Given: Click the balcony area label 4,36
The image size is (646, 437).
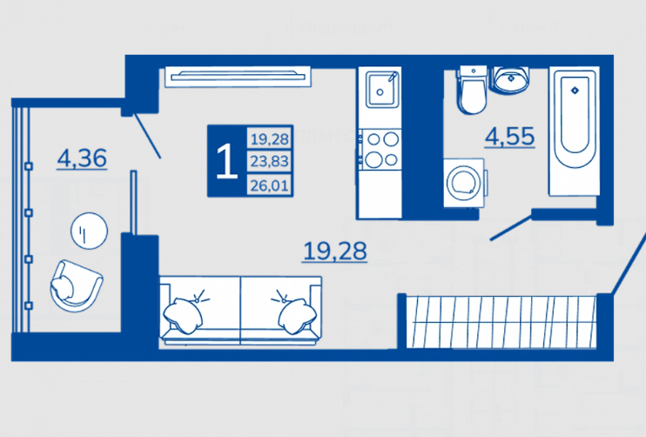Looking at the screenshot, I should pos(82,158).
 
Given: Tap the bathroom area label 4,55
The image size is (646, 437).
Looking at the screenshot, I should pos(509,137).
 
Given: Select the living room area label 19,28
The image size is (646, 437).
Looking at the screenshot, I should pos(335,251).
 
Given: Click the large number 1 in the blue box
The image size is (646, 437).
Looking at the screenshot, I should pos(226,161).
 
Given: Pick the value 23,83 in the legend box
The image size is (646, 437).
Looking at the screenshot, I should pos(269,161).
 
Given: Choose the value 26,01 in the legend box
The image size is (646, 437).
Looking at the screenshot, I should pos(269,184).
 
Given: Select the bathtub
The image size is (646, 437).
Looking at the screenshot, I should pos(572,131).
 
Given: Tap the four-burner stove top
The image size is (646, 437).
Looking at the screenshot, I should pos(380,148).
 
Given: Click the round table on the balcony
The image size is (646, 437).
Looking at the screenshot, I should pos(88,231).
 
